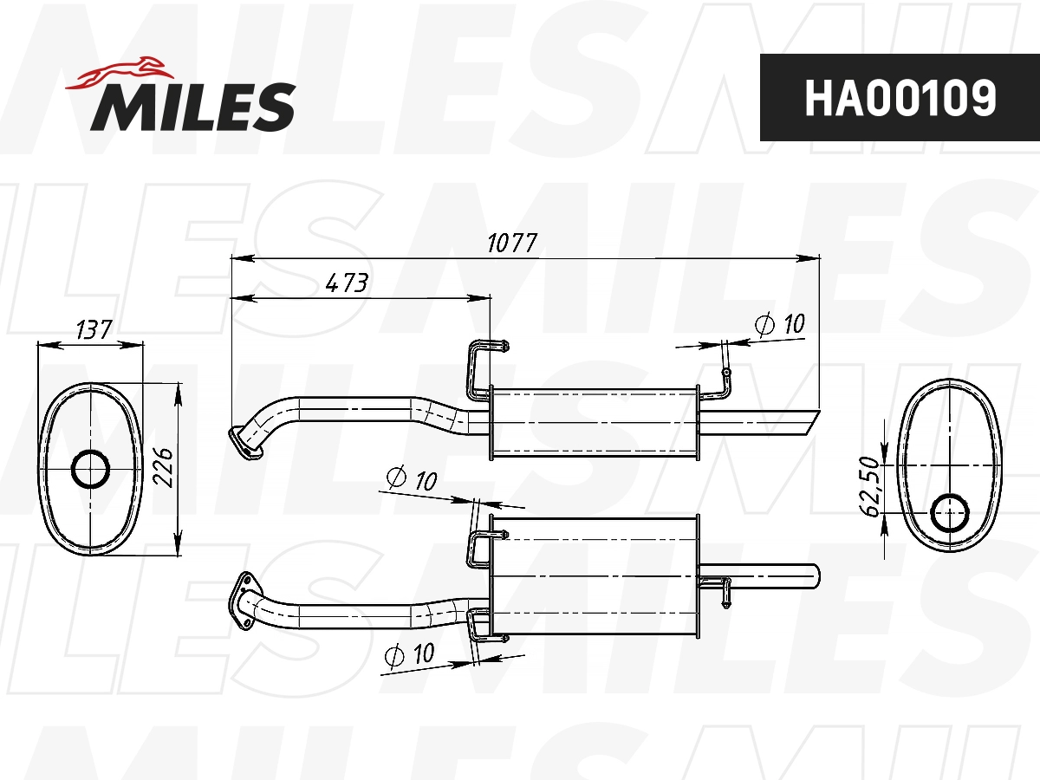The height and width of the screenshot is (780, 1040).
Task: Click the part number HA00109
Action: (x=900, y=98)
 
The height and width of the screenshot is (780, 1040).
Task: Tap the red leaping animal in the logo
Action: (x=121, y=72)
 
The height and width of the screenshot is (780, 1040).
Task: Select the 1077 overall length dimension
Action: (x=512, y=243)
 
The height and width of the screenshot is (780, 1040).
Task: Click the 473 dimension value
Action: (x=347, y=283)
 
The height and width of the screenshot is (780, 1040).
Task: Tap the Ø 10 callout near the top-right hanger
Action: (x=780, y=325)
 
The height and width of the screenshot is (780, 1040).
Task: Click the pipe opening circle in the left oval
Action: (x=90, y=470)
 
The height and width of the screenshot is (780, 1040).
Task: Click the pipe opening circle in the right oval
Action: (x=951, y=514)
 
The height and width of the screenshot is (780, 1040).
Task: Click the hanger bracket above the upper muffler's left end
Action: (x=482, y=364)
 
